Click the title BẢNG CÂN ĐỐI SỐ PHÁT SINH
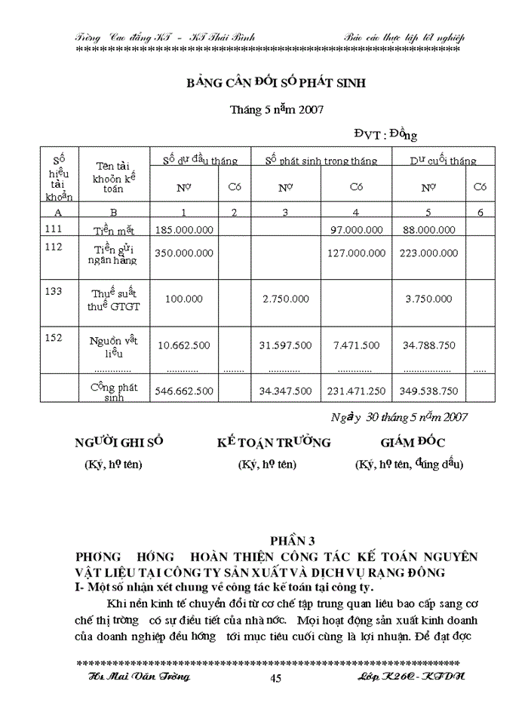point(276,83)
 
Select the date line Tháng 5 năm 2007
point(276,109)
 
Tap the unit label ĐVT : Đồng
point(385,134)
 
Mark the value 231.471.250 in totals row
point(355,391)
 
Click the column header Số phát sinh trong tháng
point(321,161)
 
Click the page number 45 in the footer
point(275,679)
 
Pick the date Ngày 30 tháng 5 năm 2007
point(400,416)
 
